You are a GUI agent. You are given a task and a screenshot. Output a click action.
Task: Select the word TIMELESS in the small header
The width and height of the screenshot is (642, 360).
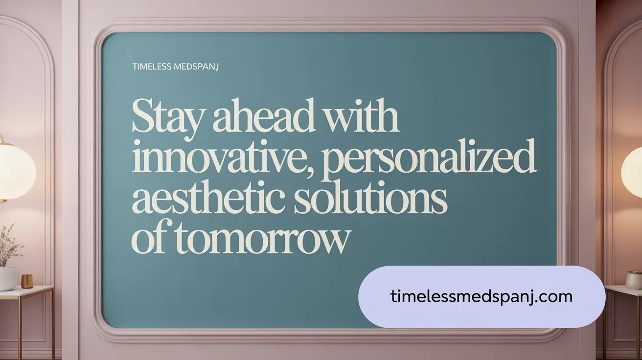click(152, 67)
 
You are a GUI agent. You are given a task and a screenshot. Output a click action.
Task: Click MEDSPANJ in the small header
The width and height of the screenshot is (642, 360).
click(196, 67)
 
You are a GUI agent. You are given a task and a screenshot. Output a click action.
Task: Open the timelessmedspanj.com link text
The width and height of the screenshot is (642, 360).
click(481, 296)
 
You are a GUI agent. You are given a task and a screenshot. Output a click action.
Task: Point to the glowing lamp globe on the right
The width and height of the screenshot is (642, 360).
click(632, 171)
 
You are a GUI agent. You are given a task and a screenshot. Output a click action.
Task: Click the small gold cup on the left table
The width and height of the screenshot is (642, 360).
click(27, 281)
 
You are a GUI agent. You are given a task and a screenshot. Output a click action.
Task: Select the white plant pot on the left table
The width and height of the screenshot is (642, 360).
click(8, 278)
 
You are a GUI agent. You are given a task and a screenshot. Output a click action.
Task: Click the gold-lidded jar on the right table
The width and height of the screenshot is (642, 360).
click(634, 279)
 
